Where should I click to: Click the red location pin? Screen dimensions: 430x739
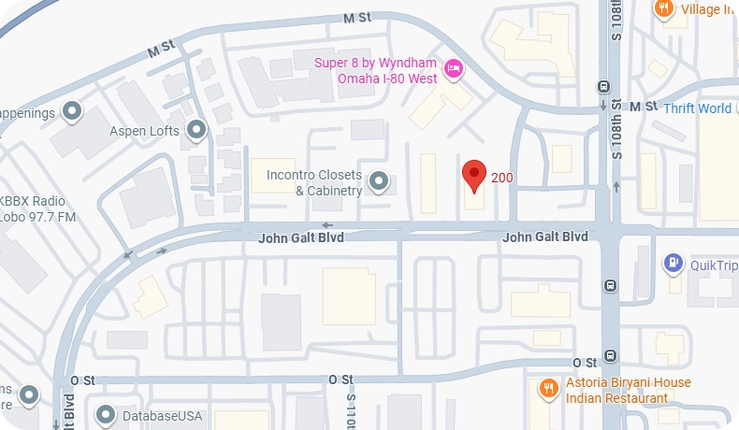(474, 174)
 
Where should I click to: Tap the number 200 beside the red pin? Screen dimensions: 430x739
(502, 178)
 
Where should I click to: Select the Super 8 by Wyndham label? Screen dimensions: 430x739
(374, 70)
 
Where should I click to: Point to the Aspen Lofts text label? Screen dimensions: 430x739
(144, 131)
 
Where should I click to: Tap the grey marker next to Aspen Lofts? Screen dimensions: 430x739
(196, 131)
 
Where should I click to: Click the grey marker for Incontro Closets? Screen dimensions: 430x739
(379, 180)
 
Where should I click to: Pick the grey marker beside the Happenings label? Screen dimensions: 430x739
(72, 113)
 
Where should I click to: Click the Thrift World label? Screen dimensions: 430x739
(698, 108)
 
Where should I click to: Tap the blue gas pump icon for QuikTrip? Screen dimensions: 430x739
(672, 264)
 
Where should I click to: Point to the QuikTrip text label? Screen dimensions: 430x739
(714, 265)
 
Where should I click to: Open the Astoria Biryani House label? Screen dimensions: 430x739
(629, 390)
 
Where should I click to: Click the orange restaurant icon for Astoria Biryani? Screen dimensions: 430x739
(545, 388)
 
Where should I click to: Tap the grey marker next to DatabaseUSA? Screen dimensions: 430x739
(105, 413)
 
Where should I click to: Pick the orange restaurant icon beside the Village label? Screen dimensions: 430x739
(664, 8)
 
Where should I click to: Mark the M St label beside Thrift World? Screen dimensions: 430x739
(644, 107)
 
